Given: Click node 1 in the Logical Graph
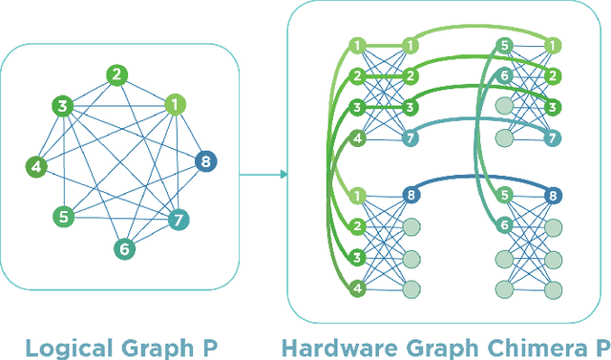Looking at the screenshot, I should [174, 105].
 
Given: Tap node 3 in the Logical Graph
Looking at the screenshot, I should [63, 106].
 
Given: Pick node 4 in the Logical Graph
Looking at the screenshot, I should [36, 167].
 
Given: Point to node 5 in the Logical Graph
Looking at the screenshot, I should [63, 217].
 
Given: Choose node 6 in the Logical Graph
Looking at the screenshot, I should [123, 249].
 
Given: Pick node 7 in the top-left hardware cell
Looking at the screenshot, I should [411, 138].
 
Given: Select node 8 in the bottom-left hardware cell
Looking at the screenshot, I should [411, 196].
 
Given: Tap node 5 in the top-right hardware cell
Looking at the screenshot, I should [506, 46].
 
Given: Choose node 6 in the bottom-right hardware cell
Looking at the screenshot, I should [506, 226].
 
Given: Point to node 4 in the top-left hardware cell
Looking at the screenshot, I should [357, 138].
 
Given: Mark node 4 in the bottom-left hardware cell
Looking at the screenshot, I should [357, 287].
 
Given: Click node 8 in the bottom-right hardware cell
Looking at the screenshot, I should [551, 196].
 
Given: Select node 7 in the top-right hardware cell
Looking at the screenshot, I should [551, 138].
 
